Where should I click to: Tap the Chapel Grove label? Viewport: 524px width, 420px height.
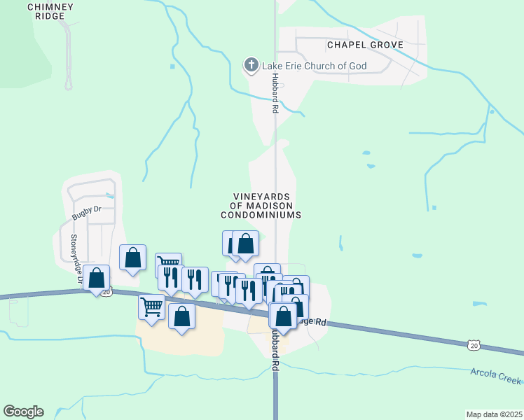(365, 45)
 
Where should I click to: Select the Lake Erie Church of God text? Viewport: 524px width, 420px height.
(315, 66)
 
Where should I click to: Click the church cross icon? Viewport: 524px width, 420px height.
(251, 66)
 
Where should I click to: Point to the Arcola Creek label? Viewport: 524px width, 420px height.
(495, 375)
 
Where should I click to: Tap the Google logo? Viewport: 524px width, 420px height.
(23, 412)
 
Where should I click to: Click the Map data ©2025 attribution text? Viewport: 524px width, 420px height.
(494, 414)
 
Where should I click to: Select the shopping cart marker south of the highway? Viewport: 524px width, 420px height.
(152, 306)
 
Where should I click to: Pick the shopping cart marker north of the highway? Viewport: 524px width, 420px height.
(168, 264)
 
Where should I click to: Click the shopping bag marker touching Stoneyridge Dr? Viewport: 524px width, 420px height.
(97, 277)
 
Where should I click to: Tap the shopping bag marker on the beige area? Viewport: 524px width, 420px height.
(182, 316)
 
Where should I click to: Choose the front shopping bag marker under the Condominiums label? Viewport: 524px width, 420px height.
(246, 244)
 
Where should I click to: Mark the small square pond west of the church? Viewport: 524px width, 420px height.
(172, 66)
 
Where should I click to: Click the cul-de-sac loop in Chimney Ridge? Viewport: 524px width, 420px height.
(69, 84)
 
